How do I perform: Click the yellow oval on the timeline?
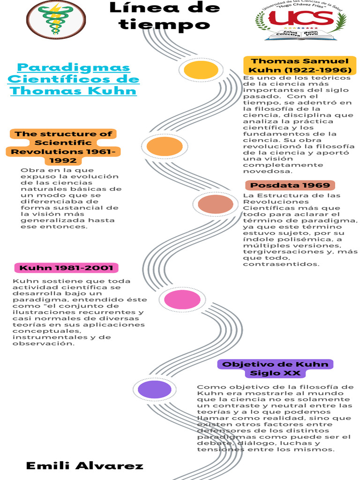click(201, 70)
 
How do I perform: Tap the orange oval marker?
click(164, 146)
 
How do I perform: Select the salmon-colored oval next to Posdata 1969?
click(215, 204)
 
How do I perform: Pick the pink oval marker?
click(182, 300)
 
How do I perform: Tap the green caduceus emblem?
click(56, 19)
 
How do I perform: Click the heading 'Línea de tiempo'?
click(164, 15)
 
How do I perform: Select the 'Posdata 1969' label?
click(289, 186)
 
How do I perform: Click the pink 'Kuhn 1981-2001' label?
click(66, 268)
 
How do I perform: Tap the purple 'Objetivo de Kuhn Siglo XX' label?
click(275, 369)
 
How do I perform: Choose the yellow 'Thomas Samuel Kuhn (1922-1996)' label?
click(300, 66)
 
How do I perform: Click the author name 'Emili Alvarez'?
click(84, 465)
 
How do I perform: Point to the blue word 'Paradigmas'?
click(74, 67)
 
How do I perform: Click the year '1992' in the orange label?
click(63, 161)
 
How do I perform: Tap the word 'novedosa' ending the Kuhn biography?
click(264, 172)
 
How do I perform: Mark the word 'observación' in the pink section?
click(44, 344)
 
